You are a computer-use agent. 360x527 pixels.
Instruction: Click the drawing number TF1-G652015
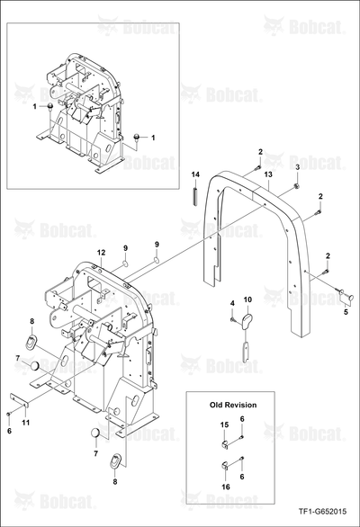click(x=322, y=512)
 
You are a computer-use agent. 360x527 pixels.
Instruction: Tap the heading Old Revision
click(x=233, y=405)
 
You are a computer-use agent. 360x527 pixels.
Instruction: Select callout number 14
click(x=195, y=174)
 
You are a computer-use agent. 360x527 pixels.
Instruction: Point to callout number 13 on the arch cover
click(x=268, y=174)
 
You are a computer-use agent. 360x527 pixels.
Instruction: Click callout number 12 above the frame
click(x=102, y=252)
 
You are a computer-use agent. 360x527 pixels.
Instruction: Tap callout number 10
click(x=247, y=299)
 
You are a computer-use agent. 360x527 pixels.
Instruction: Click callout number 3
click(x=297, y=167)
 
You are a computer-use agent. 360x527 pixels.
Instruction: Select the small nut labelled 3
click(x=297, y=185)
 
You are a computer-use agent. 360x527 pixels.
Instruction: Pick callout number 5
click(x=346, y=312)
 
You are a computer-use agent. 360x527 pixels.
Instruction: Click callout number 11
click(x=26, y=423)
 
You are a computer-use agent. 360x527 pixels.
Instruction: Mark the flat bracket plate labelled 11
click(x=19, y=400)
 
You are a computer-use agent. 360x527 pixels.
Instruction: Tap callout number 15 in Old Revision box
click(x=225, y=424)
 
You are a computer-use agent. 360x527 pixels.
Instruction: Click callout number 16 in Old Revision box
click(x=226, y=487)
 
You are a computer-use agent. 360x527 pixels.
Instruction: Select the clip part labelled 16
click(x=225, y=467)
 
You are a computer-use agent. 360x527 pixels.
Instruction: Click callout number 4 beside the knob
click(x=232, y=303)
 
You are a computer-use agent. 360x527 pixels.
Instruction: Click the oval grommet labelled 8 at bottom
click(x=116, y=460)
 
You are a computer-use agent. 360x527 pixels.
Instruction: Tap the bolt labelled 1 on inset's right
click(x=137, y=137)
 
